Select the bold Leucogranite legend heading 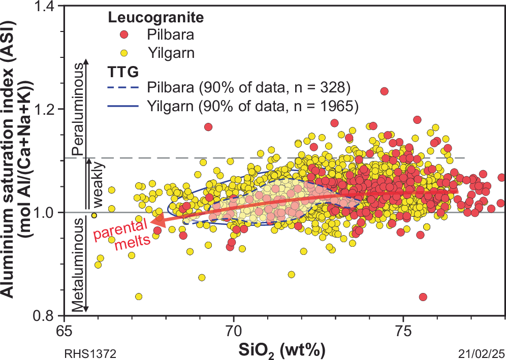tap(155, 18)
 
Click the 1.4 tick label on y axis tap(47, 6)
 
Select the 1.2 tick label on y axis tap(47, 109)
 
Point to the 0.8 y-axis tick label tap(47, 315)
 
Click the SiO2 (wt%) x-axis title tap(282, 350)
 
